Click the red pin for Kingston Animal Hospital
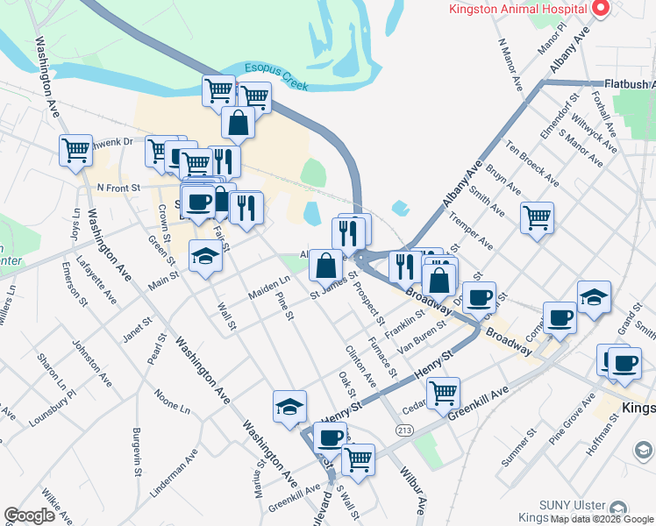(601, 10)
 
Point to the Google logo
(29, 515)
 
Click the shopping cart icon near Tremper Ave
(537, 217)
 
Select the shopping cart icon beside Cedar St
(444, 391)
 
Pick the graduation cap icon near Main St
(205, 258)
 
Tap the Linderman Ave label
(179, 472)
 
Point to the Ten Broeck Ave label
(532, 163)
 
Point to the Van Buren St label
(422, 334)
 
